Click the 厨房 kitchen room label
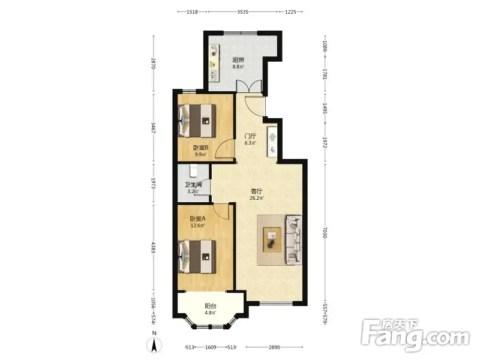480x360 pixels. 238,59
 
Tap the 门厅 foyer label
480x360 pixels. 250,136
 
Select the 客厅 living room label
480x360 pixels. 257,191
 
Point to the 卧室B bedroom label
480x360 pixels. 200,148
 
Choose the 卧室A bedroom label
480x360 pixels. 197,218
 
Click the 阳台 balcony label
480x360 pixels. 211,306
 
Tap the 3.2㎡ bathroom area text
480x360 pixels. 193,191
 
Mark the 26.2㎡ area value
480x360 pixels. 257,198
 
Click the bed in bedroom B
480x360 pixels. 197,121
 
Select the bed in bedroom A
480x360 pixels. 197,257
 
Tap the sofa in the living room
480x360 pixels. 293,239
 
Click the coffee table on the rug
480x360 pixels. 272,240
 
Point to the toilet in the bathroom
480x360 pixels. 193,171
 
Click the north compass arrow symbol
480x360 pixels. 154,346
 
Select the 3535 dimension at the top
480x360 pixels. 243,12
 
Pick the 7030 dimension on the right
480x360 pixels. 325,232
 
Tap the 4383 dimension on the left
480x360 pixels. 154,247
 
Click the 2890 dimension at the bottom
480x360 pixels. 274,347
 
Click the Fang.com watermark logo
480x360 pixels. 415,335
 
